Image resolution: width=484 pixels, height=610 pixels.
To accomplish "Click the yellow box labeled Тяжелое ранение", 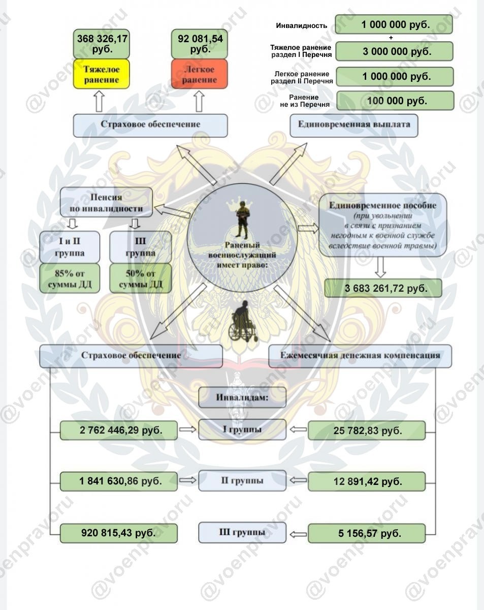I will coord(101,74).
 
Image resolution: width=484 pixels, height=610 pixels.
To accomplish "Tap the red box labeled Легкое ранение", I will coord(199,74).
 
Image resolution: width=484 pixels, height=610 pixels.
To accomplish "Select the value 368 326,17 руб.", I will coord(102,44).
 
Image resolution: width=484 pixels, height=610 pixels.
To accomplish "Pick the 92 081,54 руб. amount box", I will coord(200,44).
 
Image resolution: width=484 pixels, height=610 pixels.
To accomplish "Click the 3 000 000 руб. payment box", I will coord(395,51).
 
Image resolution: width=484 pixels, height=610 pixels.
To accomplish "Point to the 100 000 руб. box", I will coord(395,101).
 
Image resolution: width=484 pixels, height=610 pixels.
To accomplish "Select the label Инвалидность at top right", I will coord(302,26).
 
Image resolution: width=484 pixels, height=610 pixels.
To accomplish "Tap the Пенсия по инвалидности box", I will coord(106,203).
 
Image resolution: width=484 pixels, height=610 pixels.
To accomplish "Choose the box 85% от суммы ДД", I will coord(70,278).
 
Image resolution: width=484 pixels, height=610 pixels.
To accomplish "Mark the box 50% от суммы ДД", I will coord(141,278).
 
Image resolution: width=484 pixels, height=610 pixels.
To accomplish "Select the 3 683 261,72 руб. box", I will coord(383,288).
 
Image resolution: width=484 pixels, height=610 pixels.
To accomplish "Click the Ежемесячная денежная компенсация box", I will coord(360,356).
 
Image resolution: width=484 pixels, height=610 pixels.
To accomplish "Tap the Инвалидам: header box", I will coord(242,398).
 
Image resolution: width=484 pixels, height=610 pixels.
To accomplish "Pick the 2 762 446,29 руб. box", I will coord(119,431).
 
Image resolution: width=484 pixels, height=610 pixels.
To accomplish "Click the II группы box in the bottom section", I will coord(242,480).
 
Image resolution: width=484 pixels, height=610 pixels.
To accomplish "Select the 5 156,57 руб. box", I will coord(367,533).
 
